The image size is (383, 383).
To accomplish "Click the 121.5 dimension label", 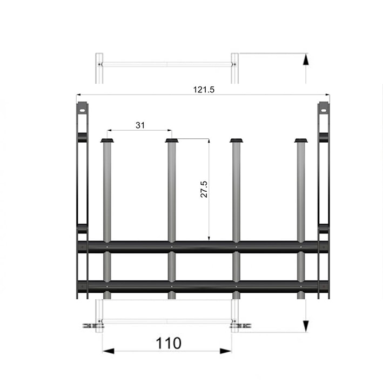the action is pyautogui.click(x=204, y=90).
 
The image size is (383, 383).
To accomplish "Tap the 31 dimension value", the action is pyautogui.click(x=140, y=125).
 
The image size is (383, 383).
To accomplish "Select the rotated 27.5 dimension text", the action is pyautogui.click(x=204, y=189).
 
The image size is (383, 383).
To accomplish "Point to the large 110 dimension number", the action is pyautogui.click(x=169, y=343).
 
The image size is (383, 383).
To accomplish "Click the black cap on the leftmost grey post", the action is pyautogui.click(x=107, y=140).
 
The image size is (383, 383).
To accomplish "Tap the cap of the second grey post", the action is pyautogui.click(x=172, y=140).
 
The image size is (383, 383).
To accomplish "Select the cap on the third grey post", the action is pyautogui.click(x=237, y=140).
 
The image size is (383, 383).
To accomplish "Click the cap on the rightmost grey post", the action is pyautogui.click(x=301, y=140).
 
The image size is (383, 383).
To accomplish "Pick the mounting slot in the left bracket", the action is pyautogui.click(x=82, y=111).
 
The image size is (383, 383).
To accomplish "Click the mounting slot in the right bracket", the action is pyautogui.click(x=324, y=111).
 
